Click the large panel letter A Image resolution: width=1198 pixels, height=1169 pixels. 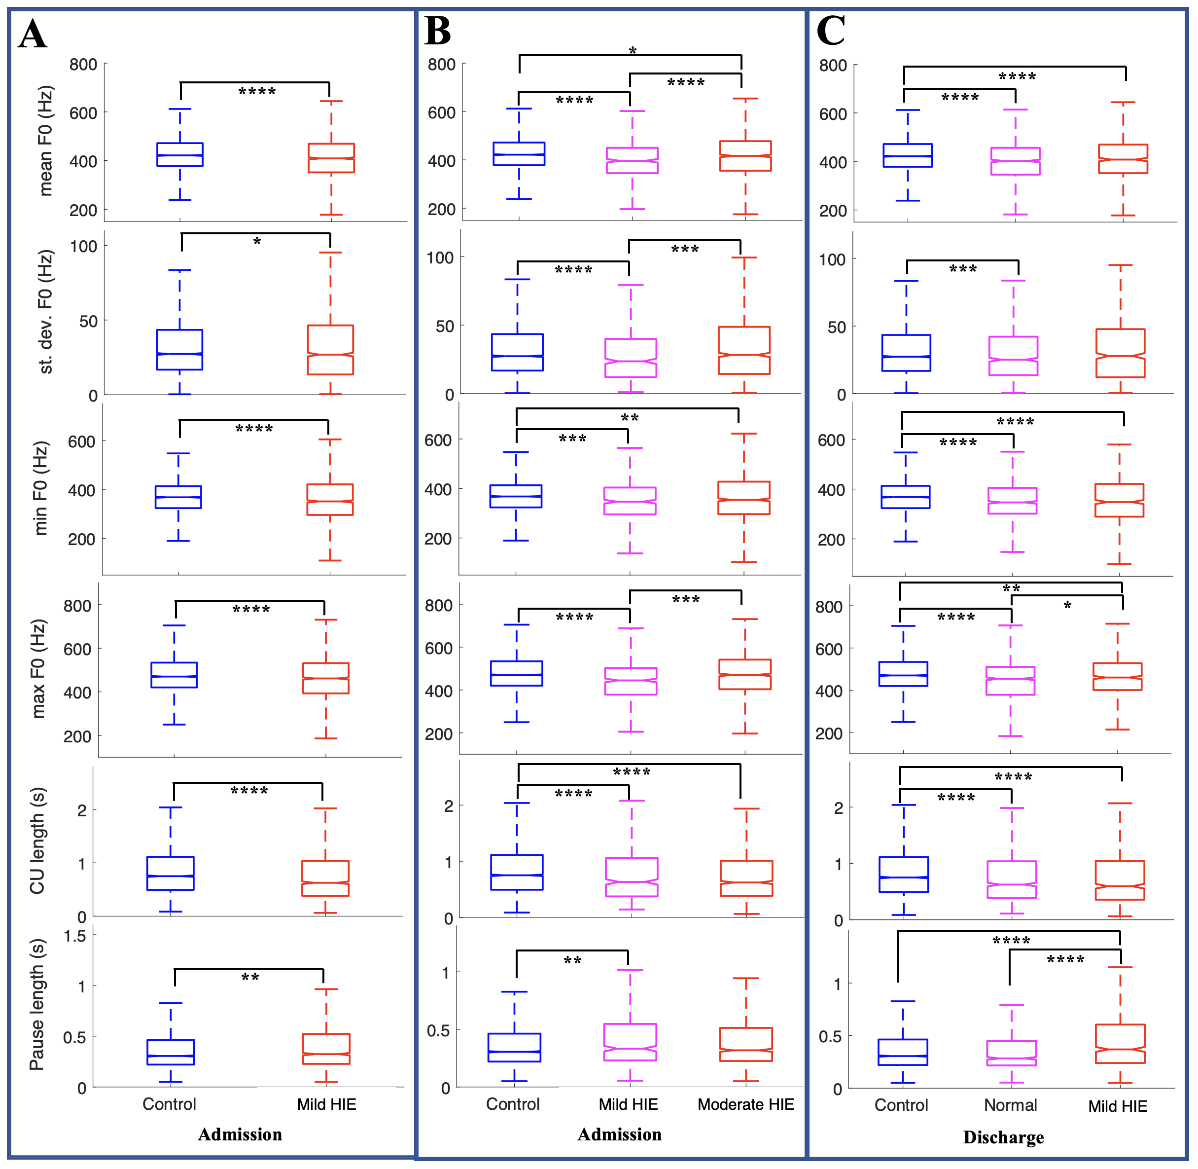pos(32,35)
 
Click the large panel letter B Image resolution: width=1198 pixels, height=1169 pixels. pos(438,31)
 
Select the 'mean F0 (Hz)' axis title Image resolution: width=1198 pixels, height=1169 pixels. pos(45,141)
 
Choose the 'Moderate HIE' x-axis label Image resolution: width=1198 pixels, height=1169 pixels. pos(746,1104)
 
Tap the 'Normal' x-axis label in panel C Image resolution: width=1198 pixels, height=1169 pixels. pos(1010,1105)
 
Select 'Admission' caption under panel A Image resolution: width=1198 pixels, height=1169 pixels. pos(240,1134)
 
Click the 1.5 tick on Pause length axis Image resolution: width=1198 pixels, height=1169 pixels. pos(75,936)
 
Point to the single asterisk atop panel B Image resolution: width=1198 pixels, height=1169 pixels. pos(633,51)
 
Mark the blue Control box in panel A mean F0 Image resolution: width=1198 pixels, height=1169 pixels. pos(180,155)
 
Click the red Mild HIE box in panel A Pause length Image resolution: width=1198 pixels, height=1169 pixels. pos(326,1049)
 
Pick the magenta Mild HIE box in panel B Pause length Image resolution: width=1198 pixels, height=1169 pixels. pos(630,1042)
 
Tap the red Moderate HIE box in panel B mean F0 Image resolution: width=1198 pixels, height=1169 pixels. pos(746,156)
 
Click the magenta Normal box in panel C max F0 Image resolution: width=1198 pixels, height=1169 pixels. pos(1010,681)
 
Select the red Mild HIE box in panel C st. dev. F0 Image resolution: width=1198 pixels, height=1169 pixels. pos(1120,353)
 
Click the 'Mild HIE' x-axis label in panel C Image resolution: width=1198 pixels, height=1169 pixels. pos(1118,1106)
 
